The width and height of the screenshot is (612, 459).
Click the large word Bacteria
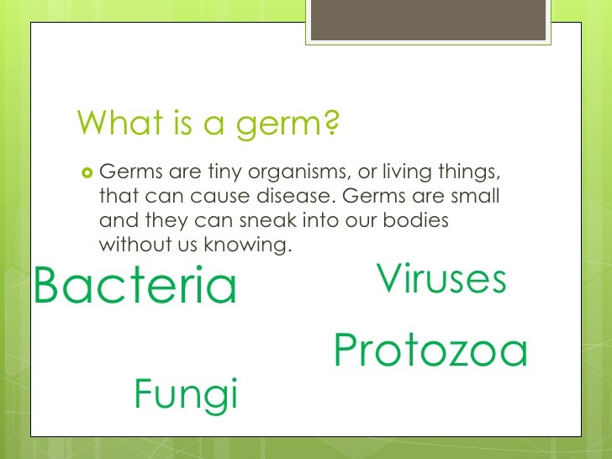(x=135, y=287)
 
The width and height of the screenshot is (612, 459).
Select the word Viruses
(x=442, y=280)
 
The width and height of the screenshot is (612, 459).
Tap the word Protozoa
(x=430, y=351)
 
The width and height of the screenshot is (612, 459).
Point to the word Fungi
(x=186, y=393)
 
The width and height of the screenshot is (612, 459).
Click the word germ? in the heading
(x=288, y=125)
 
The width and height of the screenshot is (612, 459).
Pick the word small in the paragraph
(x=475, y=198)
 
